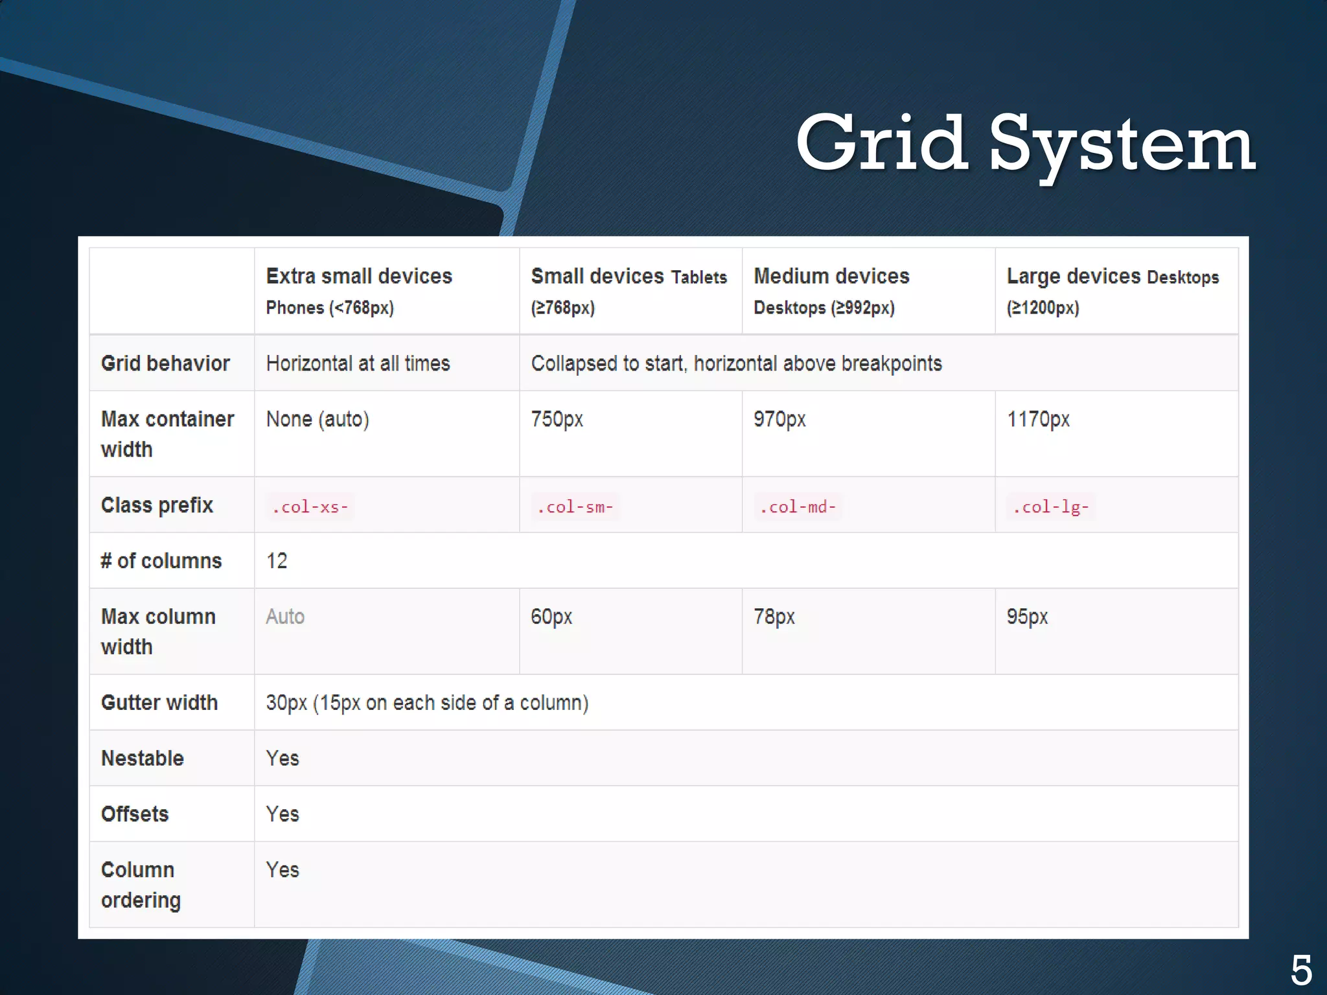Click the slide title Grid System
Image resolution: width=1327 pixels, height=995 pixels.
coord(1025,144)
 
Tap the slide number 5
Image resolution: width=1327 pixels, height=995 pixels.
coord(1301,970)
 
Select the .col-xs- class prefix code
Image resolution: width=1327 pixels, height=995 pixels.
coord(310,507)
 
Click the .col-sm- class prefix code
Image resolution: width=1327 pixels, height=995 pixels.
coord(575,507)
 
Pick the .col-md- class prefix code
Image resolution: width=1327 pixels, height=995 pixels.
coord(798,507)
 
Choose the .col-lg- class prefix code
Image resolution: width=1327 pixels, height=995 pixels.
coord(1050,507)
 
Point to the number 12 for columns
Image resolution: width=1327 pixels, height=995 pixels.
coord(277,561)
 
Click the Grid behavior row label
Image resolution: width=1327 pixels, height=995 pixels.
coord(165,363)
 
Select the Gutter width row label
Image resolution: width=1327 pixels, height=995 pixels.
coord(159,703)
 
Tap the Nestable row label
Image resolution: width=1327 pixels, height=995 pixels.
coord(143,759)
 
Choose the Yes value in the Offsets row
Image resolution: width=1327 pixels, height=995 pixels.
coord(283,814)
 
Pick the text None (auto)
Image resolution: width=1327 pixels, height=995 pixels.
coord(317,420)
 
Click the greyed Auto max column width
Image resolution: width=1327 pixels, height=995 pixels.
coord(285,617)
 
